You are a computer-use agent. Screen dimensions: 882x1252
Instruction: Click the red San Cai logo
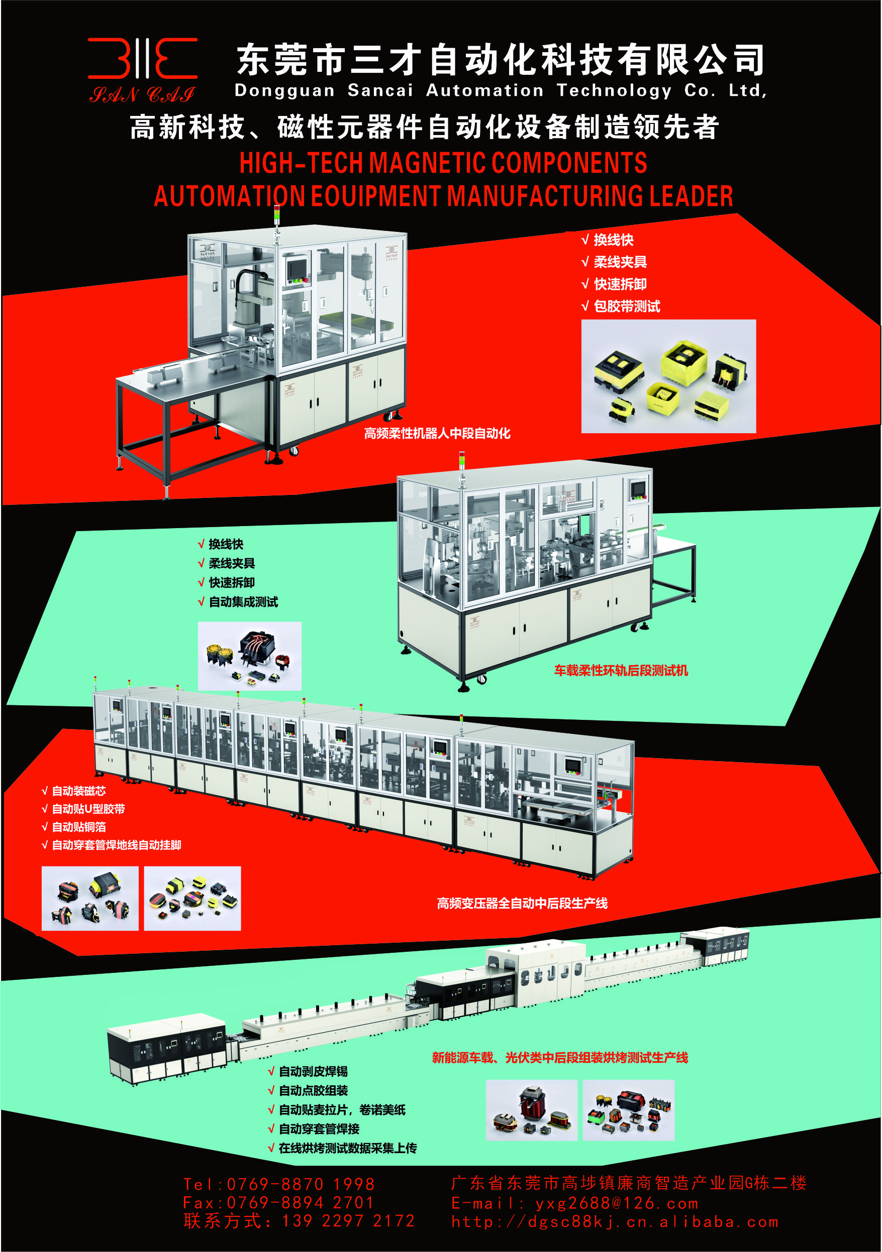pos(142,70)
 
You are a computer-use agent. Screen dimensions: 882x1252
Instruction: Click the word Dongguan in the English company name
pos(284,90)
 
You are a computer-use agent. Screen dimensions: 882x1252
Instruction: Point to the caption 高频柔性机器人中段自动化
pos(437,434)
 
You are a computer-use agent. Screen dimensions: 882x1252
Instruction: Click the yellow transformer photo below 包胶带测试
pos(668,377)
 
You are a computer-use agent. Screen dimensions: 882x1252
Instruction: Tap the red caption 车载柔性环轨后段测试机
pos(621,671)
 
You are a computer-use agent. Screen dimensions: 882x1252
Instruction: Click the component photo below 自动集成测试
pos(249,656)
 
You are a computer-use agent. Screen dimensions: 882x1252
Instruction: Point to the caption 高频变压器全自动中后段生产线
pos(522,904)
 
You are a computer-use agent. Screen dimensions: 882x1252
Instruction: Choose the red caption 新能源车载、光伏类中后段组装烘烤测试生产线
pos(560,1058)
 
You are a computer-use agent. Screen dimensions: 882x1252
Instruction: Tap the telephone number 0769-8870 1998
pos(301,1184)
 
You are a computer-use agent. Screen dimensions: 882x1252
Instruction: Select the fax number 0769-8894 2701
pos(300,1202)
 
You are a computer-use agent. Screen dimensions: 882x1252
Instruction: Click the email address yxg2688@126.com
pos(617,1203)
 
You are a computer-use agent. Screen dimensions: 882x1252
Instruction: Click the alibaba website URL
pos(615,1222)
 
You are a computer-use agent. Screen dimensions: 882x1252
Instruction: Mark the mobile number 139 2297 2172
pos(348,1221)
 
